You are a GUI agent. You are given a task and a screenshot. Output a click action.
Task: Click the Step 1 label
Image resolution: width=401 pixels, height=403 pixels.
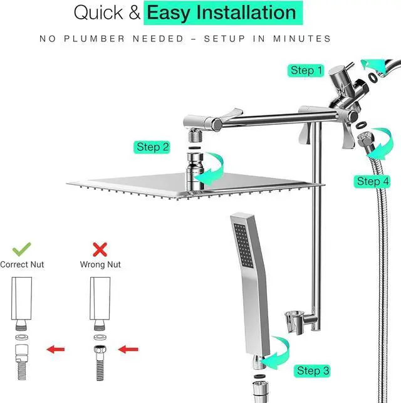tap(306, 70)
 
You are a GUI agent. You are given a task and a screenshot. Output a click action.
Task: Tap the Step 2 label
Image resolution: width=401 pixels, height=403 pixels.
tap(153, 147)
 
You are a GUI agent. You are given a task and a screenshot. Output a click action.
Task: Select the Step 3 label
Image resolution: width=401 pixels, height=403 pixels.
tap(313, 371)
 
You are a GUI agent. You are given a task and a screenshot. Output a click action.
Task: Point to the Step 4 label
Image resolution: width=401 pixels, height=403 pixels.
tap(373, 181)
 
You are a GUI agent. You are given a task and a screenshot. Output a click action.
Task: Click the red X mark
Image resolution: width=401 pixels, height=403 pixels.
tap(100, 249)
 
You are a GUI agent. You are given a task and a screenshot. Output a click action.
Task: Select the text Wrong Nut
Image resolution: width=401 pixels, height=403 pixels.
tap(100, 264)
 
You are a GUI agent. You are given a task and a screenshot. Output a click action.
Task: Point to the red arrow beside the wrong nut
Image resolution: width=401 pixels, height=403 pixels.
tap(130, 349)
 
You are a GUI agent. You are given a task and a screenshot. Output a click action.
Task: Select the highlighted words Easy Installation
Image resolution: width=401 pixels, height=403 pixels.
tap(221, 12)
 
